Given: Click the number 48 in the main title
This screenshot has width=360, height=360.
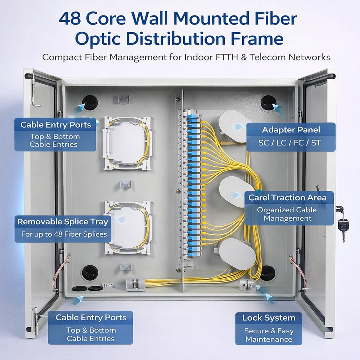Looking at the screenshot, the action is (70, 18).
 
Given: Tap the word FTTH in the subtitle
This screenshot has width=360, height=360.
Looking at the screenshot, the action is (227, 57).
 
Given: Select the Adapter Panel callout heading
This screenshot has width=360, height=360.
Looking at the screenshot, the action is (291, 130).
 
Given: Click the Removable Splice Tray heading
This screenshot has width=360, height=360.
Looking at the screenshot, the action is (63, 222).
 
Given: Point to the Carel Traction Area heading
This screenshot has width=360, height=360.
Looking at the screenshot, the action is (287, 197).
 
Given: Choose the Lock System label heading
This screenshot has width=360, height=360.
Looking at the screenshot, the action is (269, 318).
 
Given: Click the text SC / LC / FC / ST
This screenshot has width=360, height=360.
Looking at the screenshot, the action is (289, 143).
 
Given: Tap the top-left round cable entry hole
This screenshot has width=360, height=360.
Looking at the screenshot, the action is (90, 103).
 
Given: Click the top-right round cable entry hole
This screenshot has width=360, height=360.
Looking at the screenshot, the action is (268, 102).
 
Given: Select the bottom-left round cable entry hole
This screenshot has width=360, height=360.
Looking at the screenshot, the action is (90, 273).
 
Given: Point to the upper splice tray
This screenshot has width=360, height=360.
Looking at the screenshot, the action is (127, 143).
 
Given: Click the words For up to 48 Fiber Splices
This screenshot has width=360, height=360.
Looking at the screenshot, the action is (64, 234).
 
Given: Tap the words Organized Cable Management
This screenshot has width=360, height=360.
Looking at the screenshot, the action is (287, 214).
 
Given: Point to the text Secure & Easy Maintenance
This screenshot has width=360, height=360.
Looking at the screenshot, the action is (269, 335).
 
